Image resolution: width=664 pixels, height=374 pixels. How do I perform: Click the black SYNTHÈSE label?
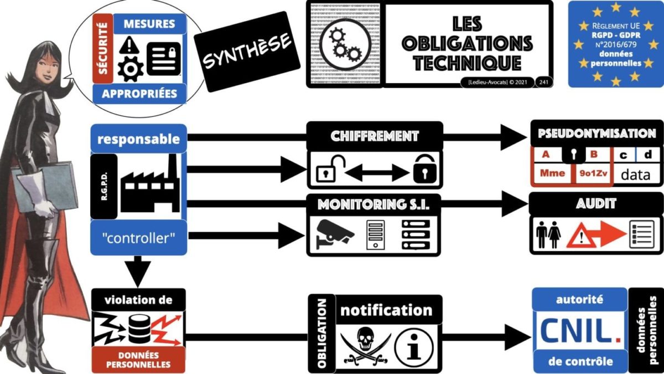click(247, 52)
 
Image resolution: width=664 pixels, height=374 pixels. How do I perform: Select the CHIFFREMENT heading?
click(375, 136)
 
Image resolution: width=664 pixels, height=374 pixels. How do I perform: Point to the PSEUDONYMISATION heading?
click(596, 134)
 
